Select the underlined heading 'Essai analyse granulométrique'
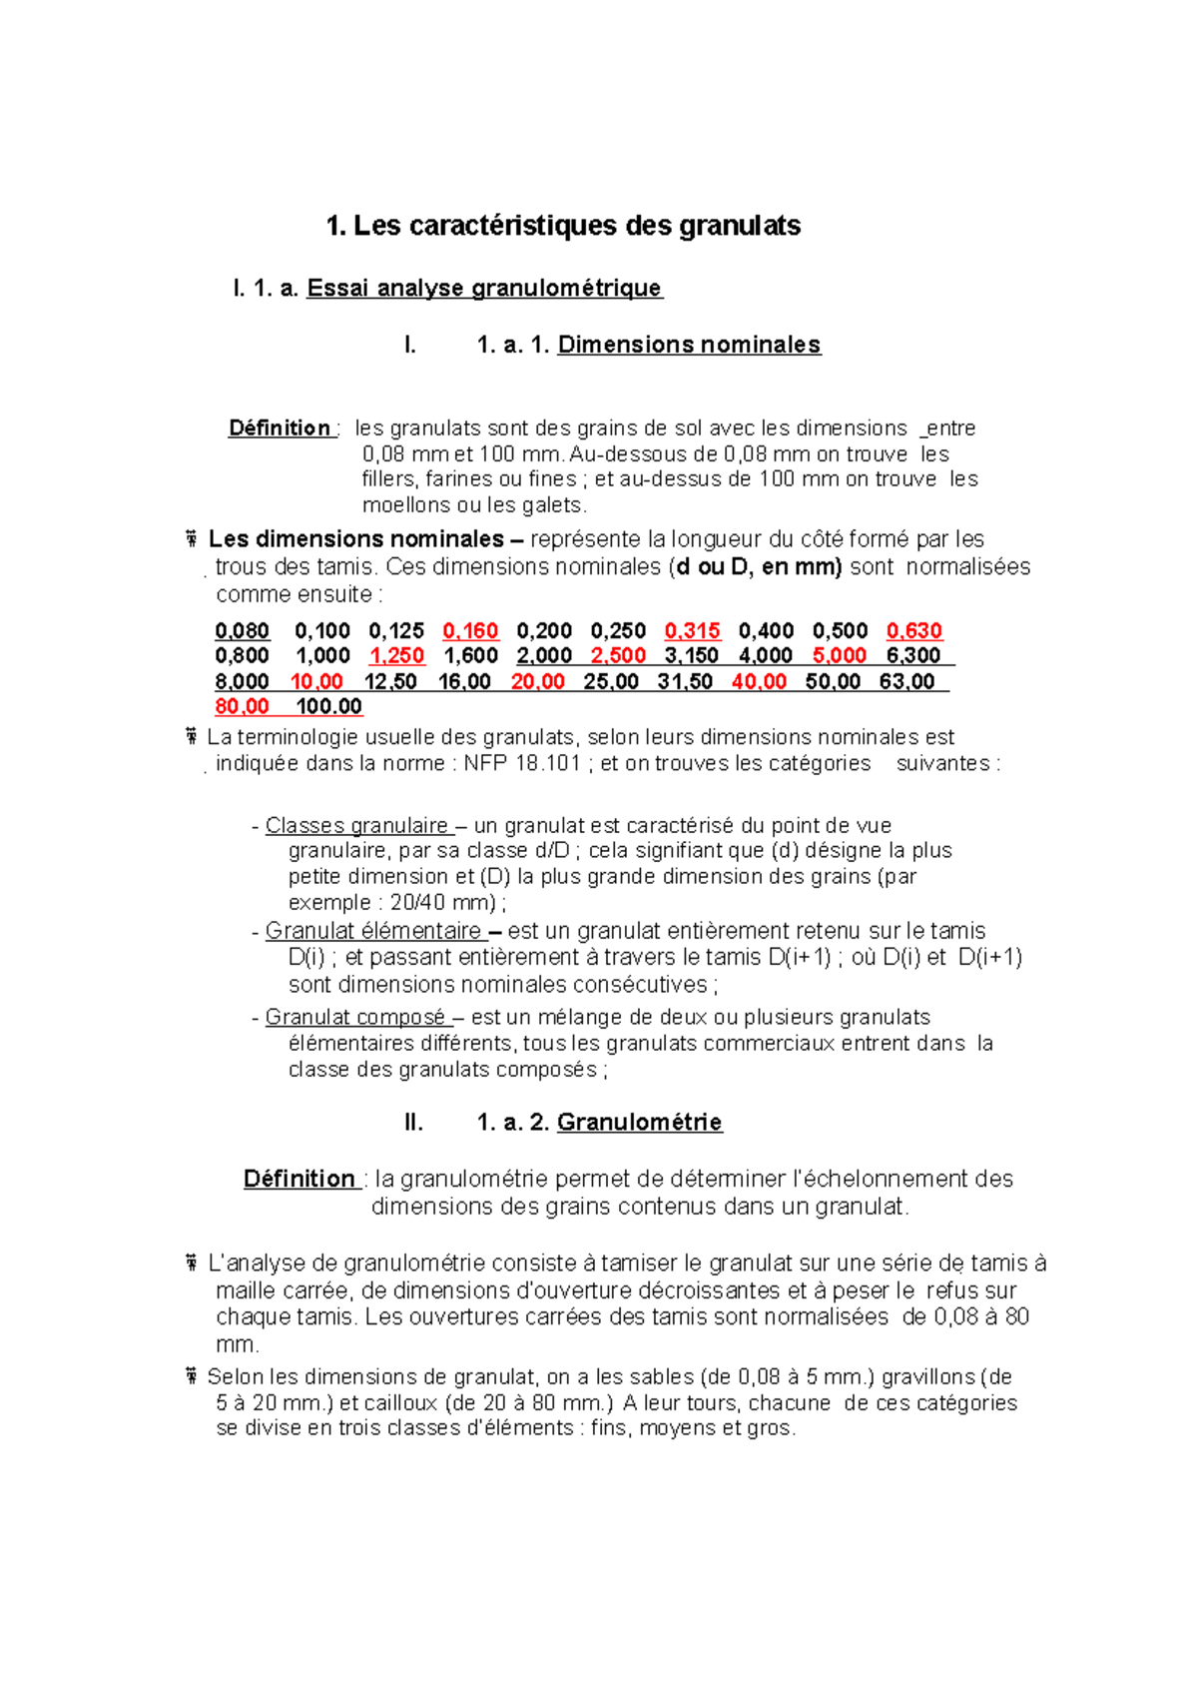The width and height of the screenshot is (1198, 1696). click(x=484, y=289)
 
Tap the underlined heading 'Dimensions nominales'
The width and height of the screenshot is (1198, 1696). click(x=689, y=345)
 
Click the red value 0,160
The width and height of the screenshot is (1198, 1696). click(x=470, y=631)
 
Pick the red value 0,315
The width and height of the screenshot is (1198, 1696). click(x=692, y=631)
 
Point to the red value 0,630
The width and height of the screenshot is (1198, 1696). click(x=913, y=631)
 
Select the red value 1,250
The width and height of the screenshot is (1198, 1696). click(x=396, y=656)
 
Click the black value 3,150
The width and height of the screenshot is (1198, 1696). click(x=691, y=656)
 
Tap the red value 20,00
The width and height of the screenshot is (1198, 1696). click(x=537, y=682)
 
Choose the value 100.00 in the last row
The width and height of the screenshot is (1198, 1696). click(x=328, y=707)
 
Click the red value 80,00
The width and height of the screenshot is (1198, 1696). click(x=242, y=707)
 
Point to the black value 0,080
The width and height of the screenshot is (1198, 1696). click(x=242, y=631)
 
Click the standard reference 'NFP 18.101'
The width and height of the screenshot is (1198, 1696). click(x=522, y=764)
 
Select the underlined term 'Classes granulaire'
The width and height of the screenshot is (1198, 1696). click(x=356, y=826)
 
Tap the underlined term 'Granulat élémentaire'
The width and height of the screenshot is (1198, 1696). click(x=372, y=931)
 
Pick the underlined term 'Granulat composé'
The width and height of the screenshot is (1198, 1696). click(x=354, y=1018)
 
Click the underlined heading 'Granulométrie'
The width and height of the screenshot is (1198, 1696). click(x=639, y=1123)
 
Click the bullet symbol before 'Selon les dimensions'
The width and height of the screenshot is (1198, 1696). click(x=190, y=1377)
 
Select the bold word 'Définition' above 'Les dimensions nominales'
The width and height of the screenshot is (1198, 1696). click(x=280, y=428)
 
